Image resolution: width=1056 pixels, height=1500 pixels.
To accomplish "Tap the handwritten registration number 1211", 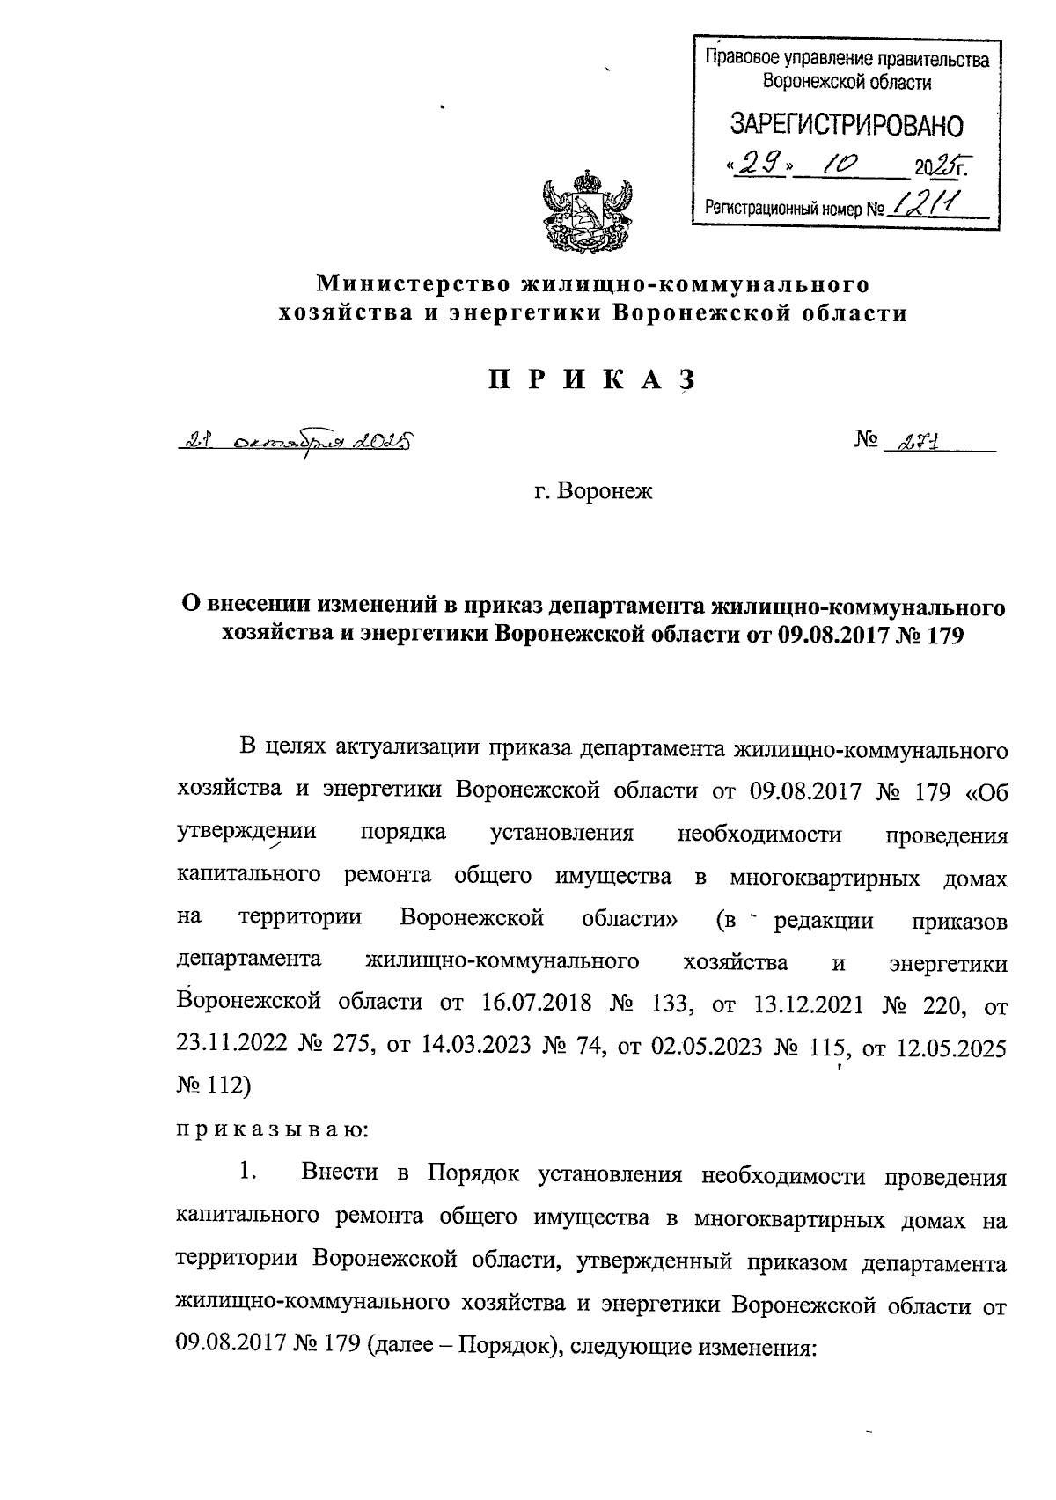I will pyautogui.click(x=923, y=205).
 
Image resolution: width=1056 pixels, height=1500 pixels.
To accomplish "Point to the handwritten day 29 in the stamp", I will pyautogui.click(x=753, y=163).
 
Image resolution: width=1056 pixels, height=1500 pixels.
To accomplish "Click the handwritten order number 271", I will pyautogui.click(x=909, y=445).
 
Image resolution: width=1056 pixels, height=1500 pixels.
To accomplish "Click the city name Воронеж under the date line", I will pyautogui.click(x=612, y=491).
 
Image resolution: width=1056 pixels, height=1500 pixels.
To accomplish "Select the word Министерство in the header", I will pyautogui.click(x=414, y=284).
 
